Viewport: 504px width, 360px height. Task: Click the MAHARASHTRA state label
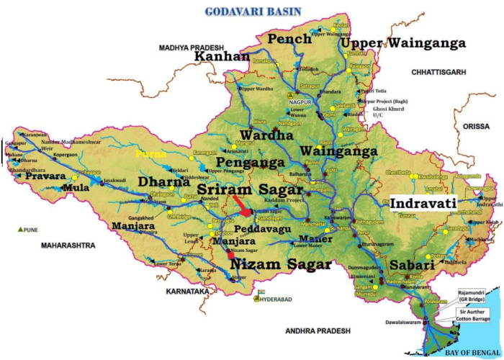pos(68,246)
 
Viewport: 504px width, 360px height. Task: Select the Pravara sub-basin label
pos(45,176)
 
